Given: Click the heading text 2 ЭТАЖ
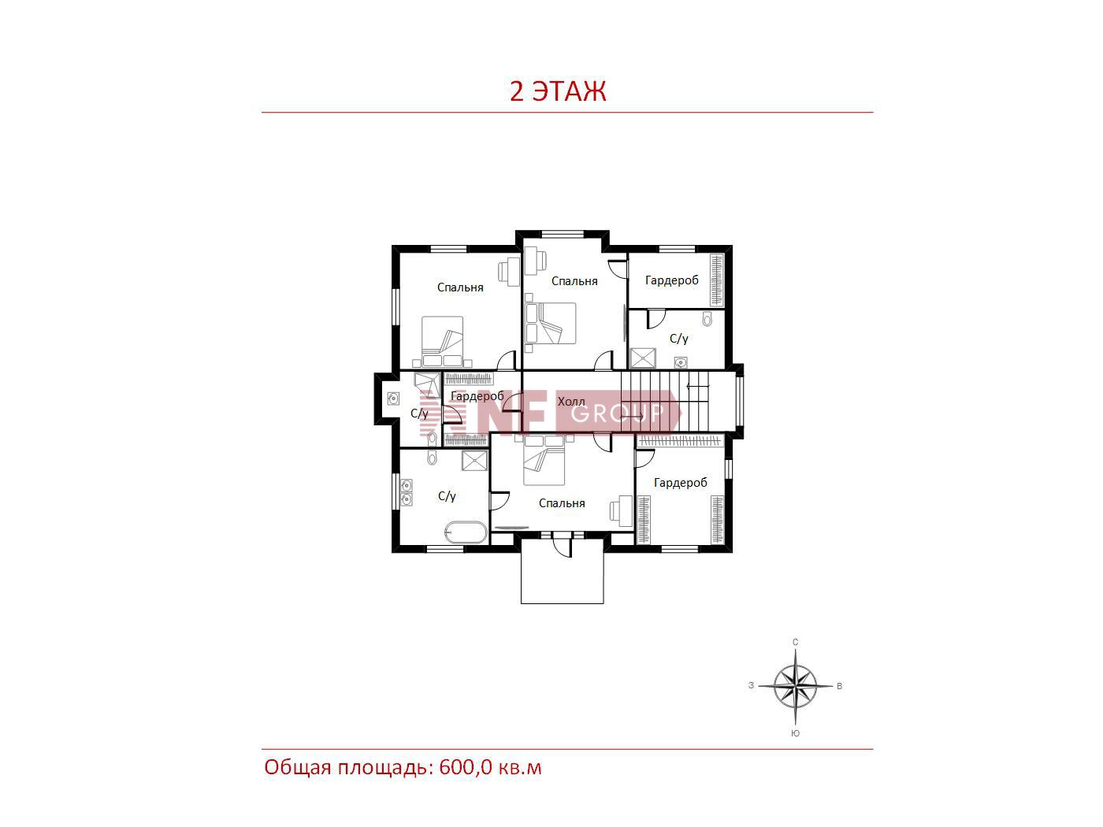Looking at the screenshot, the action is pos(557,91).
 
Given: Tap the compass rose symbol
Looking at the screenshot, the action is pos(795,686).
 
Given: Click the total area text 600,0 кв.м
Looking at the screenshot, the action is pos(490,768).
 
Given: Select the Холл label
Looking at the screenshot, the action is pos(571,402).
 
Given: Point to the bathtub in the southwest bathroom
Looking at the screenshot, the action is pos(466,532).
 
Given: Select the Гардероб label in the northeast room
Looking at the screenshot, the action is pos(671,280).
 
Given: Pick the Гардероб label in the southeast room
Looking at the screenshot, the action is pos(680,483).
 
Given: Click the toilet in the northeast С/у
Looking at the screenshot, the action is pos(707,318).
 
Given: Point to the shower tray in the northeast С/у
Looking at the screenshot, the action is pos(643,358).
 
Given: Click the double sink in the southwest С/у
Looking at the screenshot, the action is pos(406,493).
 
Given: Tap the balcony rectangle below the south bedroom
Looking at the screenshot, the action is pos(562,571).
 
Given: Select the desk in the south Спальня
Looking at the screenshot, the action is pos(622,510).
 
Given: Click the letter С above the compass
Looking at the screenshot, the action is pos(795,642).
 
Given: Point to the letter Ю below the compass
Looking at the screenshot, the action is pos(795,733).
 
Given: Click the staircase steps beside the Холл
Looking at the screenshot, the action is pos(664,401).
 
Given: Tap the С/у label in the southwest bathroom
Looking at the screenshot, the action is pos(446,496).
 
